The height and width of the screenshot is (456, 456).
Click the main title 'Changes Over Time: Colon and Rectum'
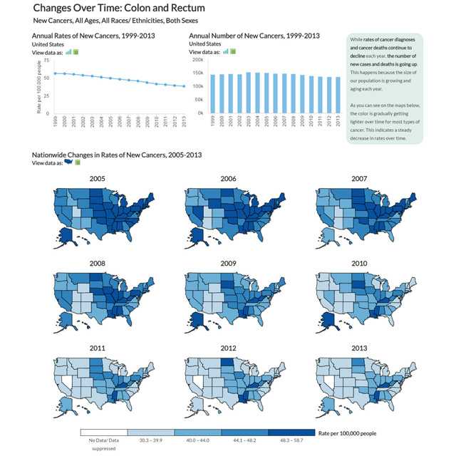(x=119, y=9)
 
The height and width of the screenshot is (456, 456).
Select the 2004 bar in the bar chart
(x=257, y=93)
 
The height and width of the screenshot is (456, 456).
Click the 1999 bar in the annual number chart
(x=212, y=93)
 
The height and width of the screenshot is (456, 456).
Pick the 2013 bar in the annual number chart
(x=338, y=95)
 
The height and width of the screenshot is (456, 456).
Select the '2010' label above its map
(x=359, y=264)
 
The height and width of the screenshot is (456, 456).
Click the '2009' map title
(x=229, y=264)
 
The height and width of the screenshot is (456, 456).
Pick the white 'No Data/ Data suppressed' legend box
(x=103, y=432)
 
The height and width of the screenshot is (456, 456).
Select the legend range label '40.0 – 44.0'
(x=197, y=441)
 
